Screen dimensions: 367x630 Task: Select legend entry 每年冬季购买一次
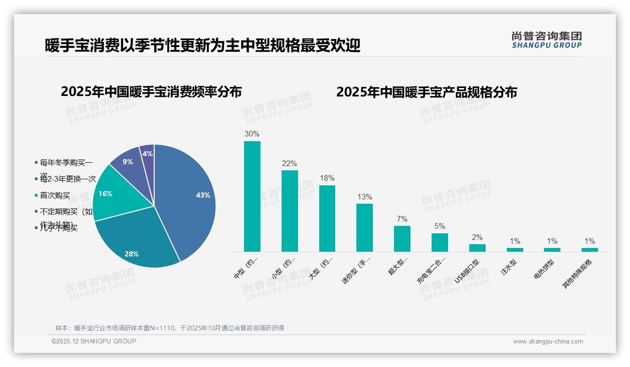pyautogui.click(x=66, y=163)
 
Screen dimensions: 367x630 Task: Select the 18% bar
pyautogui.click(x=327, y=218)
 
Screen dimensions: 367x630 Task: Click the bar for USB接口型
pyautogui.click(x=477, y=247)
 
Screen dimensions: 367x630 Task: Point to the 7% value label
pyautogui.click(x=402, y=219)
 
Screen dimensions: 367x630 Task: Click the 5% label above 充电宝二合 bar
pyautogui.click(x=440, y=226)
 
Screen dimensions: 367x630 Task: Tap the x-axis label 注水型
pyautogui.click(x=509, y=266)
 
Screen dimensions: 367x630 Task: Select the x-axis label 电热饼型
pyautogui.click(x=544, y=269)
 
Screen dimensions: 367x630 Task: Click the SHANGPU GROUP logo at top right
pyautogui.click(x=546, y=40)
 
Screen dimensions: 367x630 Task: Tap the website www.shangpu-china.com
pyautogui.click(x=548, y=342)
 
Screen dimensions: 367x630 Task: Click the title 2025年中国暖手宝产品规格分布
pyautogui.click(x=426, y=92)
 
